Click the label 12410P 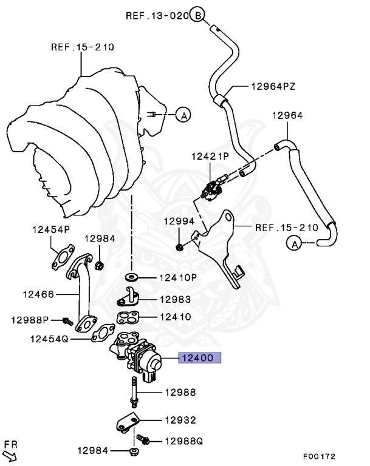[178, 278]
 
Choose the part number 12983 [175, 299]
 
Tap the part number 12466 [39, 295]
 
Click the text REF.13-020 [157, 15]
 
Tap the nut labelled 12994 [180, 247]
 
